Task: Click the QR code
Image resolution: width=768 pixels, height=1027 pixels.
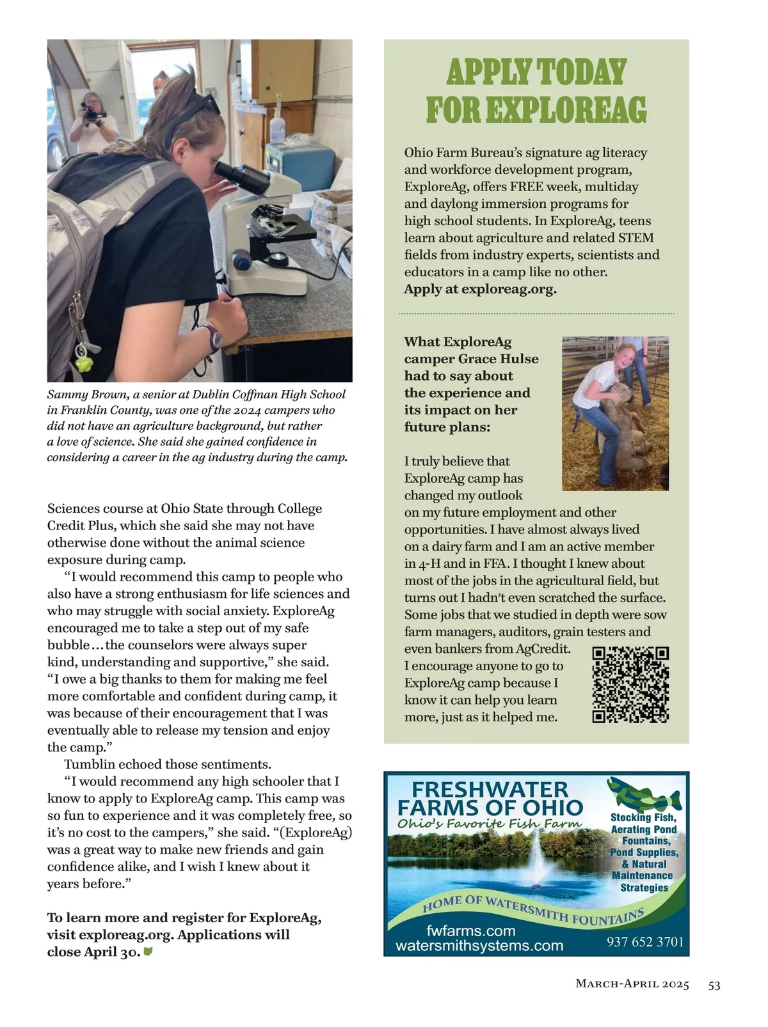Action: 630,685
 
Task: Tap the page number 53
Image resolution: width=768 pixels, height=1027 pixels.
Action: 714,985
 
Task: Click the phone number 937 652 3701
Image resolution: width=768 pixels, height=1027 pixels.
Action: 645,942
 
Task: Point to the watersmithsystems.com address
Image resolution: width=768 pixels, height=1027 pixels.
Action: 479,946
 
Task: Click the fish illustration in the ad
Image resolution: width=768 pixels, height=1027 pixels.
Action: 643,795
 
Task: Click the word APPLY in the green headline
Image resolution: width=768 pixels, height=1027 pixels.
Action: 488,72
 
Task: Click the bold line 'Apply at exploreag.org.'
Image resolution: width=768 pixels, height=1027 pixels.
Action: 480,289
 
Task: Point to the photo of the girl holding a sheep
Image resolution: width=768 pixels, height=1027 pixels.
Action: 615,413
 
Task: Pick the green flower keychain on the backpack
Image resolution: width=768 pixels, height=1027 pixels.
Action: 84,363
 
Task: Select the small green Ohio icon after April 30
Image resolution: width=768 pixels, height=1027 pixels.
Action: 148,952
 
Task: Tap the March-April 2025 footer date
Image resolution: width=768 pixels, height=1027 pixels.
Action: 632,985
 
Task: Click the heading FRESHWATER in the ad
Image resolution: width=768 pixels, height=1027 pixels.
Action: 490,790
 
